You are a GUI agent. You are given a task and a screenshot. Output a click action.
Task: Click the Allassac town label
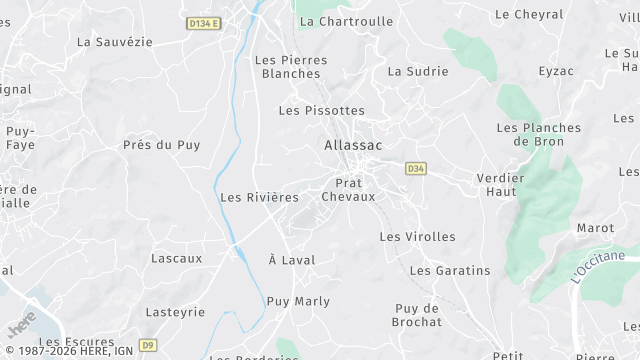(353, 145)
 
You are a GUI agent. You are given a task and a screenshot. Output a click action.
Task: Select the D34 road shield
(416, 168)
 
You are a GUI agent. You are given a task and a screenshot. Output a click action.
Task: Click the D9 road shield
(148, 345)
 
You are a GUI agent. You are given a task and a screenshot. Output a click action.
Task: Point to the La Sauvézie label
(115, 42)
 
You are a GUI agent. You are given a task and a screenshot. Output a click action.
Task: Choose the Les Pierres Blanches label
(290, 67)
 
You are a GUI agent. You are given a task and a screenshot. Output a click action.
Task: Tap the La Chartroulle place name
(346, 21)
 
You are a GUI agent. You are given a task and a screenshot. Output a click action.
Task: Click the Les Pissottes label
(321, 110)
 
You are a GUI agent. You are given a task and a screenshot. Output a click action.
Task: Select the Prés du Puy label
(161, 145)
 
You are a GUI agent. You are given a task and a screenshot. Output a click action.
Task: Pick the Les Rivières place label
(259, 197)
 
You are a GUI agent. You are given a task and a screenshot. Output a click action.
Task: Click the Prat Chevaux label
(348, 190)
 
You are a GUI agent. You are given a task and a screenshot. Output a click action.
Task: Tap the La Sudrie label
(417, 71)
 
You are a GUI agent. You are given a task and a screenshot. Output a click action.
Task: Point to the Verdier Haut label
(501, 184)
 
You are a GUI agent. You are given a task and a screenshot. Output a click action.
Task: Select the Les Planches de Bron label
(538, 134)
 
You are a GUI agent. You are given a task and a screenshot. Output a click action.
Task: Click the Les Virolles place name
(417, 237)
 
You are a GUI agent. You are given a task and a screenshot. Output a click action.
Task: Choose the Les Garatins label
(450, 270)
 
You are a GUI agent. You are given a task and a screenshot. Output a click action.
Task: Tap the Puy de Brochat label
(418, 315)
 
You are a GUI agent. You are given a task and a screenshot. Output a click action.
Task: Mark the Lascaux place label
(176, 258)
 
